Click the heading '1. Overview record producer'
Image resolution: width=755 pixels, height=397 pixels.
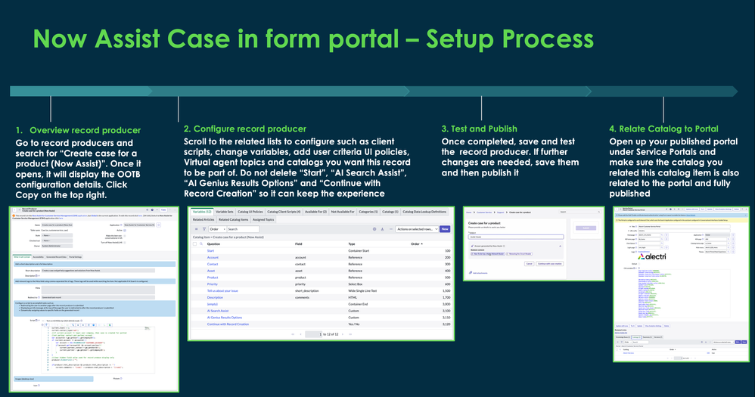coord(78,130)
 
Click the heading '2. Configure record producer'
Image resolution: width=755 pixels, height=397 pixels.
coord(245,129)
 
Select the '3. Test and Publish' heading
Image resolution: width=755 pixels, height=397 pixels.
coord(477,129)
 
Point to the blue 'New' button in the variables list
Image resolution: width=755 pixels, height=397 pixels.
coord(444,228)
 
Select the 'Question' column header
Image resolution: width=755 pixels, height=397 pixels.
coord(214,244)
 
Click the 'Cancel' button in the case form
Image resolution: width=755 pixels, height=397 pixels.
coord(530,263)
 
